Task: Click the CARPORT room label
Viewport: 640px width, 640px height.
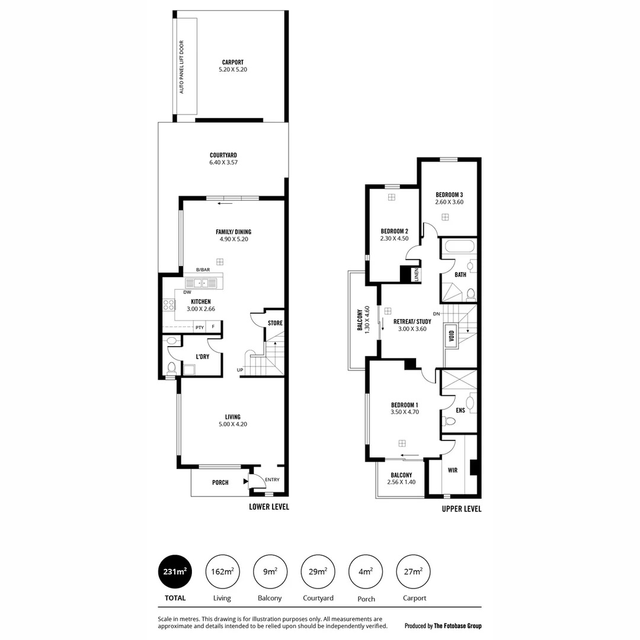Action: pyautogui.click(x=232, y=62)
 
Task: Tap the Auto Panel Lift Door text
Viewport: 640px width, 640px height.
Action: pyautogui.click(x=182, y=66)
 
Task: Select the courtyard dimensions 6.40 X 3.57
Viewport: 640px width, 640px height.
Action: pyautogui.click(x=223, y=162)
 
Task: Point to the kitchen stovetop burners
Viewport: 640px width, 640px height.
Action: pyautogui.click(x=169, y=305)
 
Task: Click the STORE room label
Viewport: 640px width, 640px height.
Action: pyautogui.click(x=275, y=323)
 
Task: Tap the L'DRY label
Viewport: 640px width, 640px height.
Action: pyautogui.click(x=202, y=357)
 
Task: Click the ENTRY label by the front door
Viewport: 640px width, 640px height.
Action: pyautogui.click(x=272, y=480)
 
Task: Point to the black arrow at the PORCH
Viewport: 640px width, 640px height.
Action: pyautogui.click(x=245, y=482)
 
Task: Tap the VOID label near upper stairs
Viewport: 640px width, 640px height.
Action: pyautogui.click(x=452, y=336)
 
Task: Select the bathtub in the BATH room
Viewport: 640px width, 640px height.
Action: pyautogui.click(x=458, y=247)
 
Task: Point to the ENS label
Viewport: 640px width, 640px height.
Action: pyautogui.click(x=460, y=409)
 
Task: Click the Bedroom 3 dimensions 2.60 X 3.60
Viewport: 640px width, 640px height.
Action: pyautogui.click(x=449, y=202)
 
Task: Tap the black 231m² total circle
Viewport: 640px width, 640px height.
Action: pyautogui.click(x=175, y=572)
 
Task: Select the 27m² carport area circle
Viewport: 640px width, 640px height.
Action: pyautogui.click(x=414, y=572)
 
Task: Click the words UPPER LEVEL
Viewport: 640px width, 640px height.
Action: pyautogui.click(x=462, y=509)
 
